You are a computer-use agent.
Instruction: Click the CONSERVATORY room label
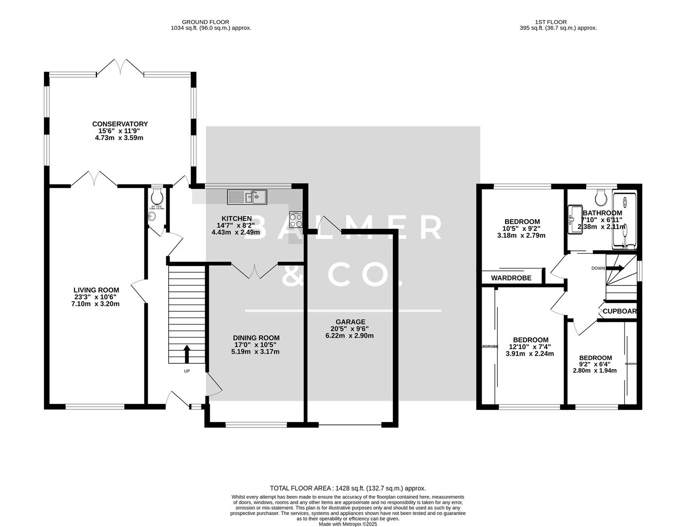(119, 124)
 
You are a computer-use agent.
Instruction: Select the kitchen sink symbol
(247, 197)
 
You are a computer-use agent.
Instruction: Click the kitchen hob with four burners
(295, 220)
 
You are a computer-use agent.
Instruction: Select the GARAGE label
(350, 322)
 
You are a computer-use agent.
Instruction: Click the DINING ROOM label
(256, 338)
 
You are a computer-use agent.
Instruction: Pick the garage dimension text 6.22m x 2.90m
(350, 336)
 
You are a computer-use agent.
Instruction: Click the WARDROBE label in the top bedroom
(510, 278)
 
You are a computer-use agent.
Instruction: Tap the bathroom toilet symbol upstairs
(601, 197)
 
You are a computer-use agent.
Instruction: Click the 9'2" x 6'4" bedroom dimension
(595, 364)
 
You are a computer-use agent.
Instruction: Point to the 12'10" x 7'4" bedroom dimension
(530, 347)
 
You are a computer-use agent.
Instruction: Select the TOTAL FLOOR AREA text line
(348, 488)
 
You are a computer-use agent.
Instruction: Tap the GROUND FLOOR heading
(205, 21)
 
